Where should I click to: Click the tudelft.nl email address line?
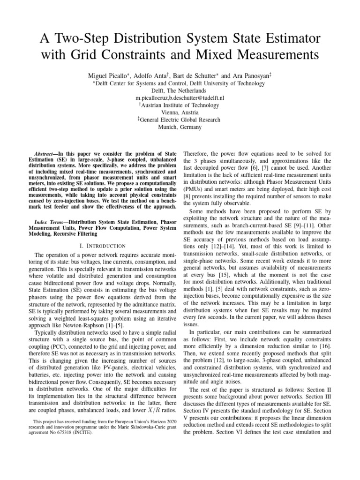click(180, 97)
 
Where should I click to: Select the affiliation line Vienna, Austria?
click(180, 112)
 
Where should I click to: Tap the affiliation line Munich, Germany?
click(180, 127)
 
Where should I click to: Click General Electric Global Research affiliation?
click(180, 120)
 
